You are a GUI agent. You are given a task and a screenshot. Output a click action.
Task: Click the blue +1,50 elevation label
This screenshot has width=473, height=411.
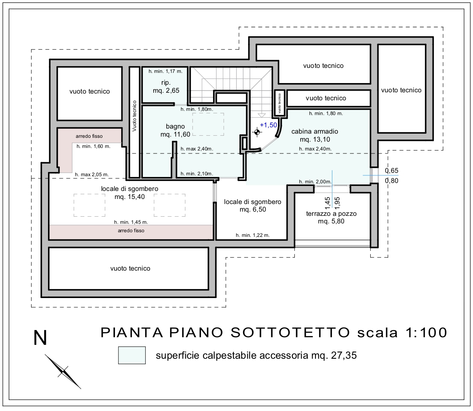(x=268, y=125)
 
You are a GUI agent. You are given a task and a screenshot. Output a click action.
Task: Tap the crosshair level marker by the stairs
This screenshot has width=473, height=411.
(x=257, y=132)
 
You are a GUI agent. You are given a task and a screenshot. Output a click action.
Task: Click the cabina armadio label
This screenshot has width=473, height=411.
(x=315, y=135)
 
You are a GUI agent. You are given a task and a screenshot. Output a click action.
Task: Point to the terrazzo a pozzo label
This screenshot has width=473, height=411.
(x=331, y=218)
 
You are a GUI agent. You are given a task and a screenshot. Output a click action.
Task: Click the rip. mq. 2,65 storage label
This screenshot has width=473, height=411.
(x=166, y=86)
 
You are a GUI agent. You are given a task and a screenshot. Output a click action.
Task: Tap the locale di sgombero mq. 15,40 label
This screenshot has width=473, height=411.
(x=130, y=193)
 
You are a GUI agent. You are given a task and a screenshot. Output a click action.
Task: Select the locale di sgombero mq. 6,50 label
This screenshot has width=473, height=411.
(x=252, y=206)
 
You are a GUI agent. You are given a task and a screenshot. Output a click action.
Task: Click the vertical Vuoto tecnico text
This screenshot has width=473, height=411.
(x=134, y=116)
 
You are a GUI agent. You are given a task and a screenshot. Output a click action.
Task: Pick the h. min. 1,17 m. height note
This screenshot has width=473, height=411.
(x=166, y=71)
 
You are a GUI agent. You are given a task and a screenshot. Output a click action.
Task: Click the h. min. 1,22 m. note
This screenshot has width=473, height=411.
(x=253, y=235)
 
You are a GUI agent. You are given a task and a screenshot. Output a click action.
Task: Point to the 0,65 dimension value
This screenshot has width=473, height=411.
(x=392, y=171)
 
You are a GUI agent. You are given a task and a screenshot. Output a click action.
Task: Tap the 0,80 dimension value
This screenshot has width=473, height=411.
(x=392, y=180)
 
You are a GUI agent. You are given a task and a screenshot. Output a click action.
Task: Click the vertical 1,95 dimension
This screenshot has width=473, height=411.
(x=337, y=203)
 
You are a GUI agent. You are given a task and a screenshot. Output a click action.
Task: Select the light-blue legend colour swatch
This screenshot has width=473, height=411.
(x=132, y=355)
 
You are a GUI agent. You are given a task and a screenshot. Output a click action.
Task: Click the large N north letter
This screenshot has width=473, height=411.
(x=40, y=338)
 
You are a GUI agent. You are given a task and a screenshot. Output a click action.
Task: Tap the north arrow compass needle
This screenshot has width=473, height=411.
(x=63, y=371)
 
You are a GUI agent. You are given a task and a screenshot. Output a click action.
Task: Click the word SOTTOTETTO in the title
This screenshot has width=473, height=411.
(x=290, y=333)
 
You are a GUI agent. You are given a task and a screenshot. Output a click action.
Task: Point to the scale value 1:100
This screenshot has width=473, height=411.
(x=427, y=333)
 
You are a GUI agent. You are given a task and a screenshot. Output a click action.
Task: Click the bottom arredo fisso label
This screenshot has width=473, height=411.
(x=131, y=231)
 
